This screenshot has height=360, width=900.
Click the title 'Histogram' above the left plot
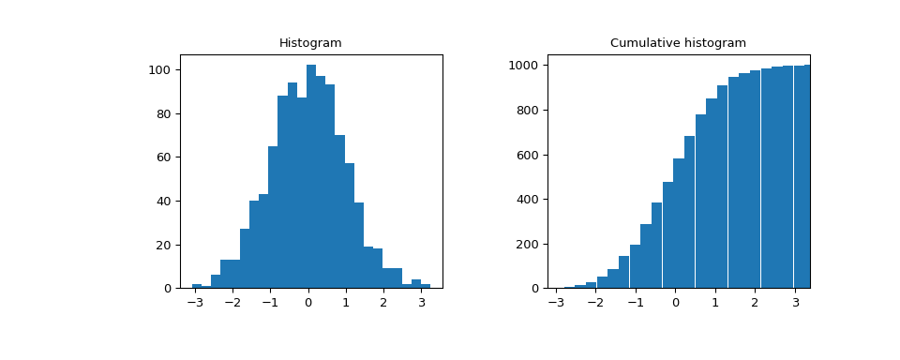click(310, 43)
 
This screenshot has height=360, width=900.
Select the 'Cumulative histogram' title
click(678, 43)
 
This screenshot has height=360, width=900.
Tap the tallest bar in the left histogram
click(311, 178)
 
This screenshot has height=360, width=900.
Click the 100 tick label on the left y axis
click(159, 70)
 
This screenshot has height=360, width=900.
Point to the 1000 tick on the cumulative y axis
click(522, 66)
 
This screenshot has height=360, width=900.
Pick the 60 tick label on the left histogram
click(162, 157)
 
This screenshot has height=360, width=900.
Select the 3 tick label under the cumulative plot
click(795, 304)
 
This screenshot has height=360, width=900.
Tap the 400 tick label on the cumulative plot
click(525, 200)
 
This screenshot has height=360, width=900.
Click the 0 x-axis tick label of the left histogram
click(307, 304)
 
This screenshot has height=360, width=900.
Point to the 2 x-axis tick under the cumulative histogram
click(755, 304)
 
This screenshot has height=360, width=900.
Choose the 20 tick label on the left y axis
click(162, 245)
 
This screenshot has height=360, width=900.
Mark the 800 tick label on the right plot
click(525, 111)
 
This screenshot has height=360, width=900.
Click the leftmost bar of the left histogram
click(197, 286)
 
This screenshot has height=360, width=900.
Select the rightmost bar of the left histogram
click(426, 286)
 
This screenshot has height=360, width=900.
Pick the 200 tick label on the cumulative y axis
click(525, 245)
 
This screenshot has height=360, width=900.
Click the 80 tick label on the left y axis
click(162, 114)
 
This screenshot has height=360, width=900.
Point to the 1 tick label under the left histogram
click(346, 304)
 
